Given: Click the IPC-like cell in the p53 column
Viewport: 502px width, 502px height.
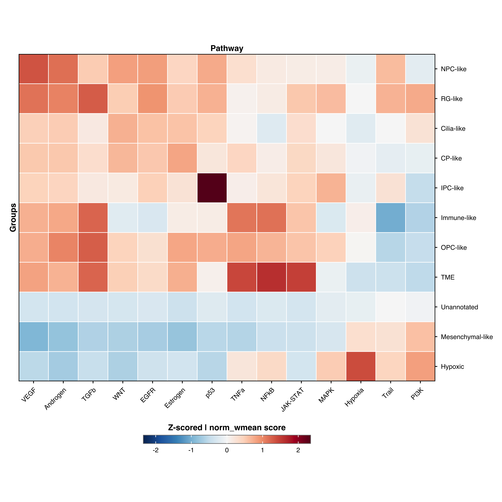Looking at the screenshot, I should (x=212, y=188).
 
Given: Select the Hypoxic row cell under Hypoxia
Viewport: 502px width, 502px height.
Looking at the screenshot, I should (x=361, y=366).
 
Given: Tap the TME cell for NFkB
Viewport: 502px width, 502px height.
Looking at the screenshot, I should (x=271, y=277).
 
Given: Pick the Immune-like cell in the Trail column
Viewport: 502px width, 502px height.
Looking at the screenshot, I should (x=391, y=218).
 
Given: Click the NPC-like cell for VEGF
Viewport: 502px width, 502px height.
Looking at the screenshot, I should (x=34, y=69).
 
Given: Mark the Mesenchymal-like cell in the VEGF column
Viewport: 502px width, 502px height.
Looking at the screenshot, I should (x=34, y=337).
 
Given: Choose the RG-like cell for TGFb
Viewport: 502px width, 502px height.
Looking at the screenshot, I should (x=93, y=99).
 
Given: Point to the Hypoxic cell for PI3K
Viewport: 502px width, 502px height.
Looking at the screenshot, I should (x=420, y=366).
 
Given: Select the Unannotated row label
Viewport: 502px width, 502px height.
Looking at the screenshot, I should (x=459, y=307).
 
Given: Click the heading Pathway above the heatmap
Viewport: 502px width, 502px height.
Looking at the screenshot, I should (x=227, y=48).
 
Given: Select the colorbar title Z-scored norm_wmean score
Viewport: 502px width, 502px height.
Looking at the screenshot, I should (x=227, y=427).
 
